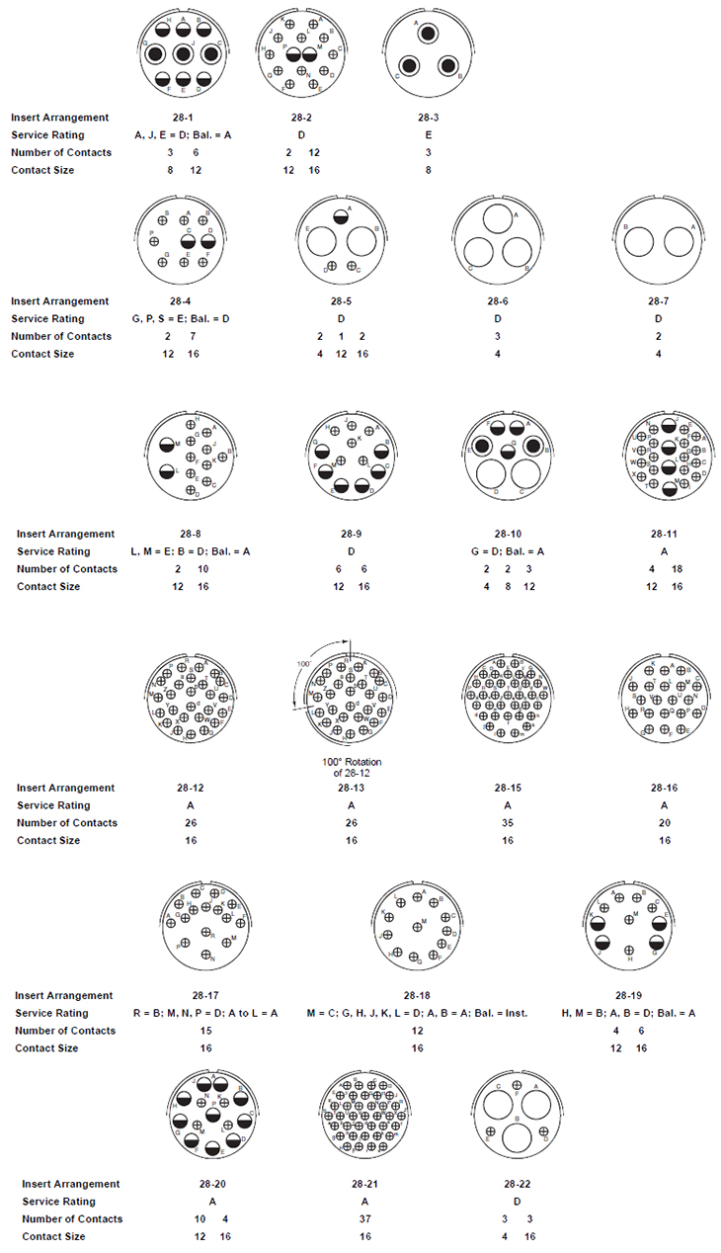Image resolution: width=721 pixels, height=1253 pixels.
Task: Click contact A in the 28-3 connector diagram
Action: point(428,35)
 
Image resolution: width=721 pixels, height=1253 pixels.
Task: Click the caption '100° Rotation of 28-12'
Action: point(351,767)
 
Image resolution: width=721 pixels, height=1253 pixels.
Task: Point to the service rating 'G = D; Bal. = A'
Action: point(507,551)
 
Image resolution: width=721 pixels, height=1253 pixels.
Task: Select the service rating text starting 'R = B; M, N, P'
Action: point(205,1013)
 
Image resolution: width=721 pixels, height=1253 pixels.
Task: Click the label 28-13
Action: point(352,788)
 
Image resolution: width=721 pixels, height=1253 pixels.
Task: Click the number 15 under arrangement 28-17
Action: point(205,1031)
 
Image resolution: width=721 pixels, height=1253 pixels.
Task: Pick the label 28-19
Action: point(629,995)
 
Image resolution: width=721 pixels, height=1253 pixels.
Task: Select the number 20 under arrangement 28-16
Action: point(664,822)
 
